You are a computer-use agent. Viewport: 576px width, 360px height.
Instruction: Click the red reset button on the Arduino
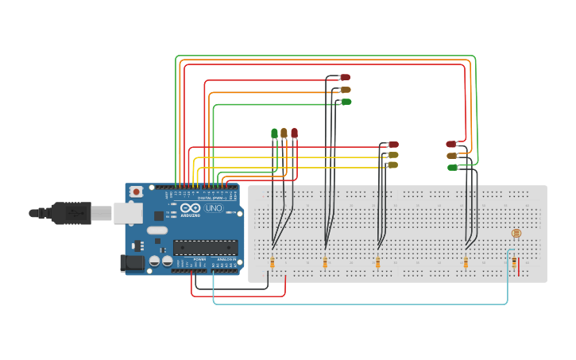(137, 192)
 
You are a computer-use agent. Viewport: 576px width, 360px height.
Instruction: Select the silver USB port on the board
(127, 212)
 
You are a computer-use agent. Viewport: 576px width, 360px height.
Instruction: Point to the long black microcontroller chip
(205, 247)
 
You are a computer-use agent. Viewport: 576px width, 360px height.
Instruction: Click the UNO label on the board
(214, 208)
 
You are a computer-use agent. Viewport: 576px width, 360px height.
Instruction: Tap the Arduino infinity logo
(190, 208)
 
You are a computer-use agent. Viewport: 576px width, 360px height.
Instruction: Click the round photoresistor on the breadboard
(516, 234)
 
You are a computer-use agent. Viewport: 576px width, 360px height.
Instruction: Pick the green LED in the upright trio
(274, 134)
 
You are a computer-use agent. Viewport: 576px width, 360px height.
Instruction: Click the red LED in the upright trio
(294, 134)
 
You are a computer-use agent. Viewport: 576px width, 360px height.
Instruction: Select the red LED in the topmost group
(345, 77)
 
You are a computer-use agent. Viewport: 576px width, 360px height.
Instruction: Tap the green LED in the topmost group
(346, 102)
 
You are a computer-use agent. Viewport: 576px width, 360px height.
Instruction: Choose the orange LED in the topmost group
(346, 90)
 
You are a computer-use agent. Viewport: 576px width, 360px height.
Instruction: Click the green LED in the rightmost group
(452, 168)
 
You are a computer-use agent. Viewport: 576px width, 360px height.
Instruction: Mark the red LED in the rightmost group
(451, 145)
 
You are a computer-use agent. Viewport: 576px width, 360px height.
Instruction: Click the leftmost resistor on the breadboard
(273, 262)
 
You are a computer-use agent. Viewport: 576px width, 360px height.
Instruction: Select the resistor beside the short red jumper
(513, 261)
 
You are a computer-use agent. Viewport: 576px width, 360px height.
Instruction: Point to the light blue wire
(358, 304)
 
